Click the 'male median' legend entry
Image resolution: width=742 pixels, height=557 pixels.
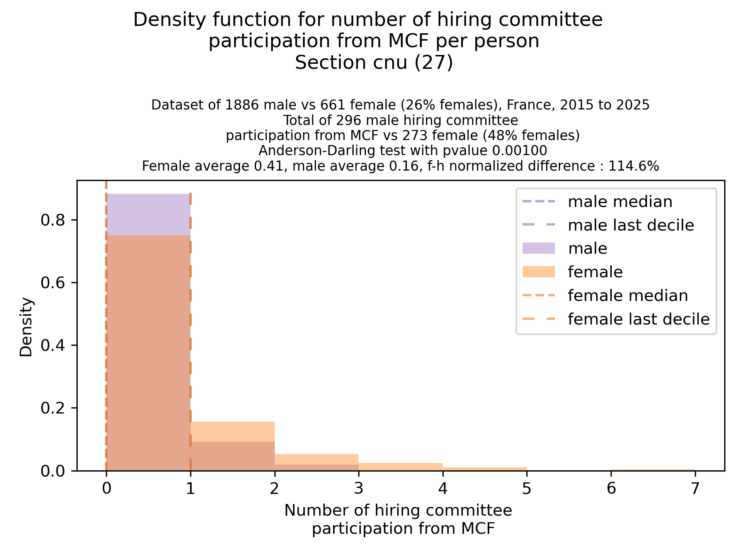620,202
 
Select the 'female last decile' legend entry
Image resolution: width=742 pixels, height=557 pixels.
638,319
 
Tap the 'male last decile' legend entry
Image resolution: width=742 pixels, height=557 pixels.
631,225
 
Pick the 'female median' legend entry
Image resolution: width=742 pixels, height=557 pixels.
628,296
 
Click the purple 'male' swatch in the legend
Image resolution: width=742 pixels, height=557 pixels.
538,248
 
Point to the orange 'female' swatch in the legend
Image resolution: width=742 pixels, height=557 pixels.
538,272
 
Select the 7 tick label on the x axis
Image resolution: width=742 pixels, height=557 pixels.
695,489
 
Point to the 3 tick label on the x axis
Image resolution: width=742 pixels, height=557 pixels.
359,489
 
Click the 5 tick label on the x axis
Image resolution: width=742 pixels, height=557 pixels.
527,489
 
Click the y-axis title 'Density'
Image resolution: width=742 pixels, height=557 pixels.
26,327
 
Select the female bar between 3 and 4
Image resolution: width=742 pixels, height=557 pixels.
400,467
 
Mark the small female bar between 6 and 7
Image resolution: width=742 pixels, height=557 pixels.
653,470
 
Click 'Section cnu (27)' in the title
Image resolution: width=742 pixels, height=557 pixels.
374,63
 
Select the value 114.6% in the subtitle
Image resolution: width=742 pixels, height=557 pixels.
633,166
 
